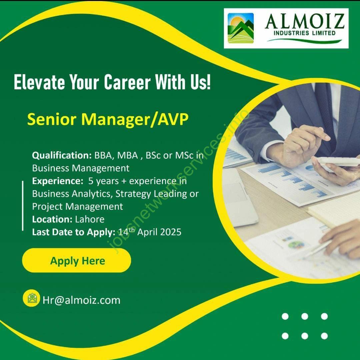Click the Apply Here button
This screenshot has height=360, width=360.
click(77, 260)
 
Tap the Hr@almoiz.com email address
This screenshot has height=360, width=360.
click(82, 300)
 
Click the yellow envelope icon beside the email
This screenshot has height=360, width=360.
click(31, 298)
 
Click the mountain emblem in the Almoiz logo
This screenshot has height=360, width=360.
click(241, 28)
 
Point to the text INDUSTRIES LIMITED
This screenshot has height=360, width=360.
click(304, 33)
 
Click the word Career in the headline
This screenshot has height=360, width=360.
click(127, 82)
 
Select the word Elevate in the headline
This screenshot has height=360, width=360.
click(39, 82)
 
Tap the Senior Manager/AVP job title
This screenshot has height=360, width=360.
click(108, 119)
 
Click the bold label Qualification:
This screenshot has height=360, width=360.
click(62, 156)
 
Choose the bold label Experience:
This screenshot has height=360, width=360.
click(58, 181)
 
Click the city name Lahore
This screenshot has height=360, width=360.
click(90, 219)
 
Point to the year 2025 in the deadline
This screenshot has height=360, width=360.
click(171, 232)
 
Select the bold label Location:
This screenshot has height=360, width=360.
click(52, 219)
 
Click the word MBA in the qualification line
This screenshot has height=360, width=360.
click(128, 156)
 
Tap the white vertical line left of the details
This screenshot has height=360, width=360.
click(23, 205)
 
